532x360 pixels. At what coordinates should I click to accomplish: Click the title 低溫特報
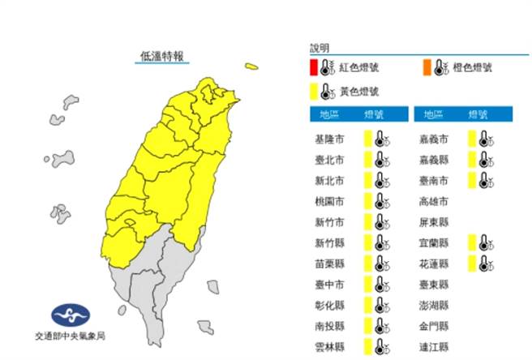point(161,55)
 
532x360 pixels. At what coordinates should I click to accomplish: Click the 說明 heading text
point(320,49)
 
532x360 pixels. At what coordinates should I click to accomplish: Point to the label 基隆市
point(328,139)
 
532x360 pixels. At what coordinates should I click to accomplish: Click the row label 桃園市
point(328,200)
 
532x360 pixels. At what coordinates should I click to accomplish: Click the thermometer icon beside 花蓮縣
point(484,263)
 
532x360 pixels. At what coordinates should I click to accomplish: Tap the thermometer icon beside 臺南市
point(484,178)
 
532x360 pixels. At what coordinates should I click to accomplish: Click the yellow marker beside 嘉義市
point(471,138)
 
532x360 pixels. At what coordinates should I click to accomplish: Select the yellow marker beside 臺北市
point(367,159)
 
